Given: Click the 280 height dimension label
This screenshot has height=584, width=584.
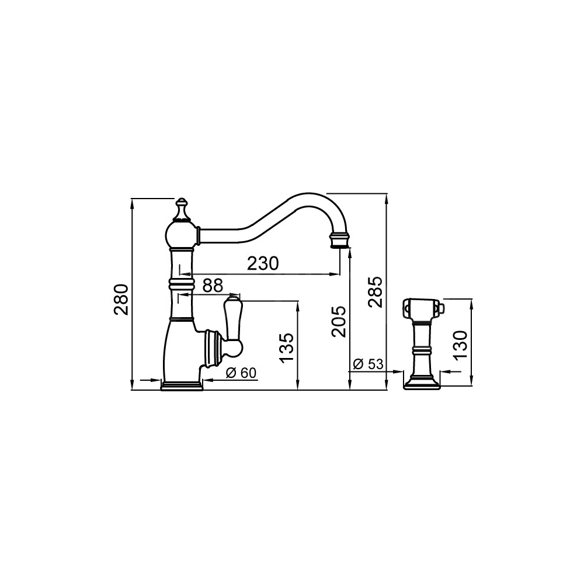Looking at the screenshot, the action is (x=122, y=300).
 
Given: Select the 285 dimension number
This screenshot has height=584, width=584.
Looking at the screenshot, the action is (x=376, y=291).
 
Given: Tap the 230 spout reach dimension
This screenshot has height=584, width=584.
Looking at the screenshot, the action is (x=263, y=263).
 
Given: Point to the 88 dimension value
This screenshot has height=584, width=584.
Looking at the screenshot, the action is (x=213, y=286).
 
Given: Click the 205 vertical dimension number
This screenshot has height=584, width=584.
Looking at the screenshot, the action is (x=339, y=321).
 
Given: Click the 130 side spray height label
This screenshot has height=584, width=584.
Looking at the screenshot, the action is (x=461, y=344).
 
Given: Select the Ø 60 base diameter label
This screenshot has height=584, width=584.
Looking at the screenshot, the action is (x=241, y=373).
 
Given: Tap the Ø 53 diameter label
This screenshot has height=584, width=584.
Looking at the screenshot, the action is (x=368, y=363).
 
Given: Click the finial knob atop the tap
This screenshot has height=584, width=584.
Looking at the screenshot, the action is (x=181, y=209).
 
